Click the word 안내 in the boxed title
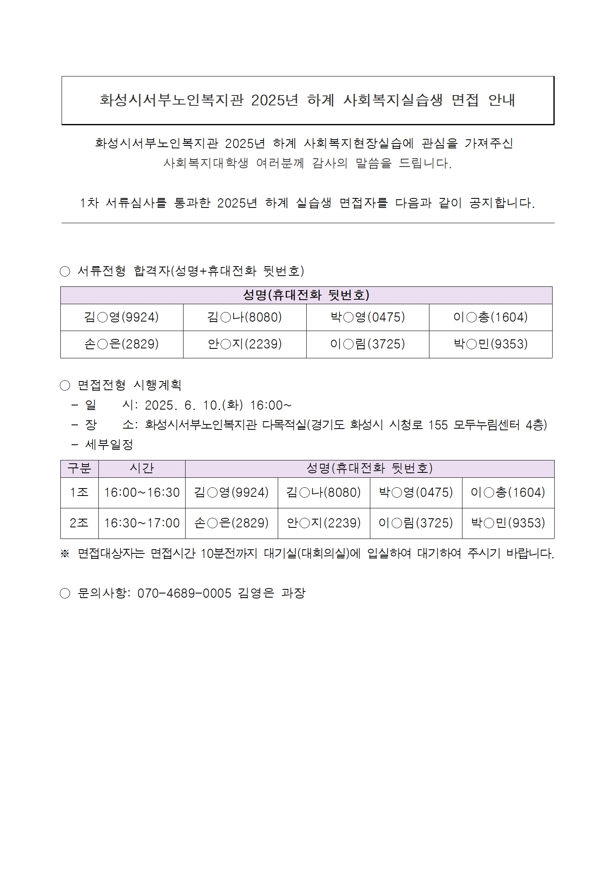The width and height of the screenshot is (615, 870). (x=501, y=100)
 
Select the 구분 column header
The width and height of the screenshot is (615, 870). (x=79, y=468)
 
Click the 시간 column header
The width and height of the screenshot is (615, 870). (x=142, y=468)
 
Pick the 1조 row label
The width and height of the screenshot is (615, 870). (x=79, y=492)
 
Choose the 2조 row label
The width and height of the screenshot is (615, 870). (x=79, y=523)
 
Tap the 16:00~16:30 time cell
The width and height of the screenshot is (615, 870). (x=142, y=492)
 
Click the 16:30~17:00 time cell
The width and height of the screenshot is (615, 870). (x=142, y=523)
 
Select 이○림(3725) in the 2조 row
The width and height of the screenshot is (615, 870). (x=416, y=523)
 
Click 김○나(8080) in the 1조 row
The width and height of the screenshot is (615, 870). (x=324, y=492)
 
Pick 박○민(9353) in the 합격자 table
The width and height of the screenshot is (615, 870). (x=491, y=344)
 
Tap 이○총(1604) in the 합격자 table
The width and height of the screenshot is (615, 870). (x=491, y=317)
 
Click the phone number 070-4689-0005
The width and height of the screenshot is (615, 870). (x=184, y=593)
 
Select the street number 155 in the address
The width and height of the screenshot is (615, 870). (x=438, y=425)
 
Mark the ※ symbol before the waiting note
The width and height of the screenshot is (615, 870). (x=65, y=554)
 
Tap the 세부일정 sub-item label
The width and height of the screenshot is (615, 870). (x=109, y=445)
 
